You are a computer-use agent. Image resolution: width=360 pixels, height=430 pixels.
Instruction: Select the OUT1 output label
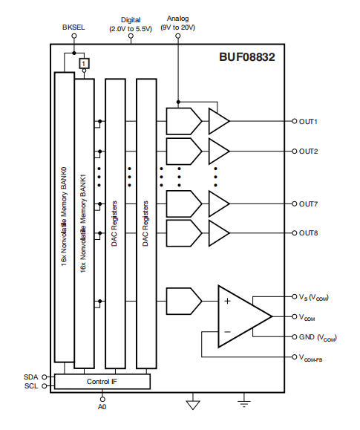(x=309, y=121)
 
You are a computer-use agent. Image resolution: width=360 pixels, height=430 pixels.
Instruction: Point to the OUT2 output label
(x=309, y=151)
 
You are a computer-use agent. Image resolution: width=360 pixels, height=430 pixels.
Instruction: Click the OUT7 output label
(x=309, y=203)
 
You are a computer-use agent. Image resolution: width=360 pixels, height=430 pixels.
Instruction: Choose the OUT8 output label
(x=309, y=233)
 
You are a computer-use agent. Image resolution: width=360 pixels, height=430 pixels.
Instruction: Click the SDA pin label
(x=30, y=377)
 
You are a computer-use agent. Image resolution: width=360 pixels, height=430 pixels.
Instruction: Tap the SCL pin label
(x=30, y=386)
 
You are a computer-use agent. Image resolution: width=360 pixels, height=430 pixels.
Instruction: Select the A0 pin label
(x=102, y=407)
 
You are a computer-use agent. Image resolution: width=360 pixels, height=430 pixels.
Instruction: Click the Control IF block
(x=102, y=382)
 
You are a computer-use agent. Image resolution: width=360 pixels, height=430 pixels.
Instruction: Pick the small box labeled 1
(x=84, y=65)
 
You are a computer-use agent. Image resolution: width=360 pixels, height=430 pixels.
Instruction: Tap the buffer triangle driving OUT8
(x=218, y=233)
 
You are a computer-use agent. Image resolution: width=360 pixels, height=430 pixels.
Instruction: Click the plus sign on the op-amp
(x=227, y=302)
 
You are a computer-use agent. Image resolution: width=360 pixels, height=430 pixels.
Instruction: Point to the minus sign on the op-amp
(x=227, y=331)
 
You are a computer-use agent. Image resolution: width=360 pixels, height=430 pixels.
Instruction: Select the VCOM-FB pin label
(x=315, y=359)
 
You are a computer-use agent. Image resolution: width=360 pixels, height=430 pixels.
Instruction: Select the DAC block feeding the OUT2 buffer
(x=183, y=151)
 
